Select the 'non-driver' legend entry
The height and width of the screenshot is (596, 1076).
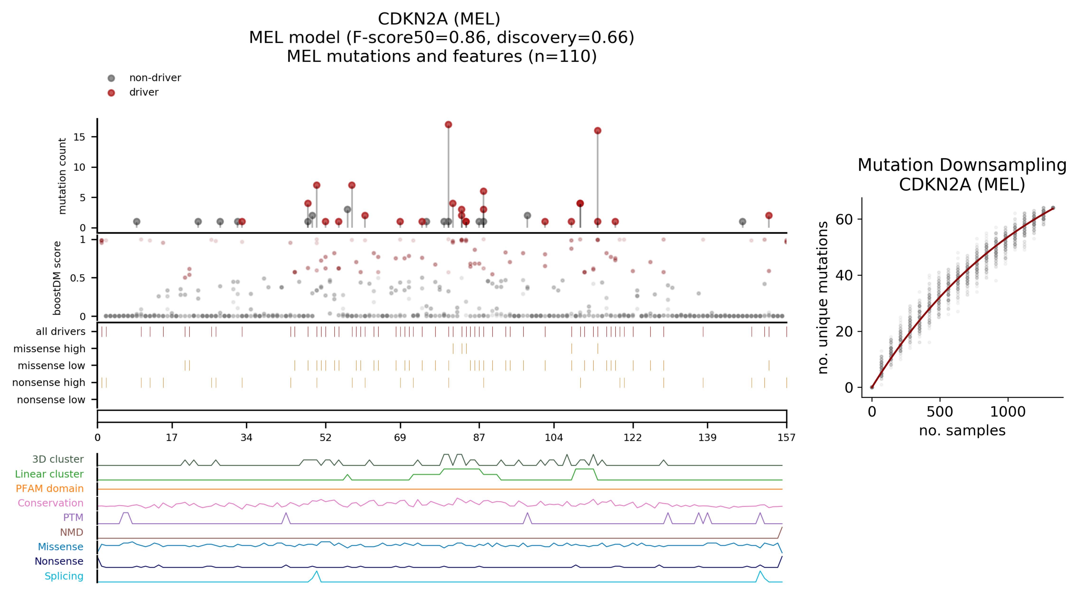(154, 78)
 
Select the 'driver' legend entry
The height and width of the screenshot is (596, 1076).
(144, 92)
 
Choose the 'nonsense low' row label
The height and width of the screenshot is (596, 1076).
(51, 400)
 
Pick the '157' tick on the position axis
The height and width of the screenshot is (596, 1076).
(786, 437)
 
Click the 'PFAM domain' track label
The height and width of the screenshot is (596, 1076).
(50, 488)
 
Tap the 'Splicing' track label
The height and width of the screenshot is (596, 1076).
(64, 576)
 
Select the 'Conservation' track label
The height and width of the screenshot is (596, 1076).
(51, 503)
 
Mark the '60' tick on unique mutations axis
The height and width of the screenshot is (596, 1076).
(844, 220)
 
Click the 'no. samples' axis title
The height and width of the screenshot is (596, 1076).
(962, 430)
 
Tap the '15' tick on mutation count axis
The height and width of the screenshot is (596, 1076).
(79, 137)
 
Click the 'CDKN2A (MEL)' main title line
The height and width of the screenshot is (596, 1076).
(439, 19)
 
